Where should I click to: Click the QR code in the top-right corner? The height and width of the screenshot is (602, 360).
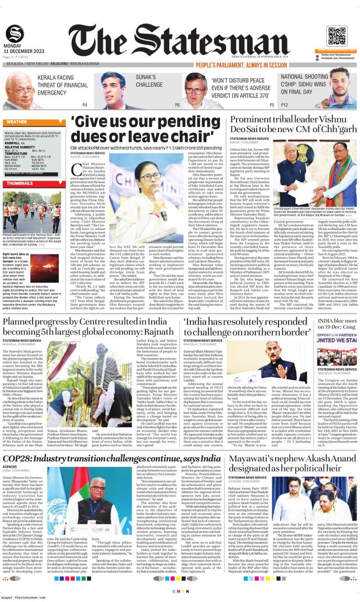click(337, 35)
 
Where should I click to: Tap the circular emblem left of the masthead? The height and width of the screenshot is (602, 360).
click(15, 33)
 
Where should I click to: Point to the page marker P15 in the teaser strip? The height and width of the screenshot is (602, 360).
click(272, 105)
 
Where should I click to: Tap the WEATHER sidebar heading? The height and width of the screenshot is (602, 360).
click(17, 122)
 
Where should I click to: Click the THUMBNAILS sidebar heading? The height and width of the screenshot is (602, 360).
click(21, 183)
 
